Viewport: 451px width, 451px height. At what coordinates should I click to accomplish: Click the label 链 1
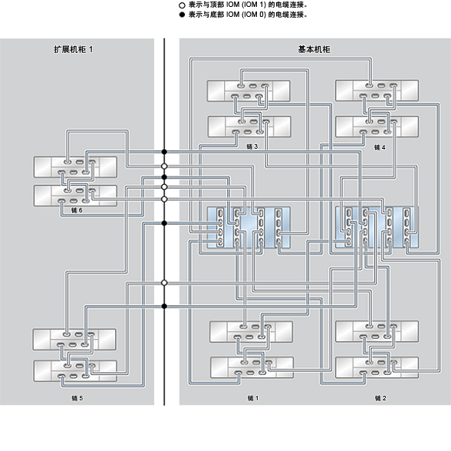click(x=253, y=398)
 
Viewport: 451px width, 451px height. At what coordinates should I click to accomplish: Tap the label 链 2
click(x=380, y=398)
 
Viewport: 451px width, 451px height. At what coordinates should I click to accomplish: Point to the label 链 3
click(x=252, y=146)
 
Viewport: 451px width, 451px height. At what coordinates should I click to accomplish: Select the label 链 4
click(x=380, y=147)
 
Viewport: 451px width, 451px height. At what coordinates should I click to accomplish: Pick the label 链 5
click(x=77, y=398)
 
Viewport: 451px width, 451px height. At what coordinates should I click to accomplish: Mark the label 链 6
click(x=77, y=210)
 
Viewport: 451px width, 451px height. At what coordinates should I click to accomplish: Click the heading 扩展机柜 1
click(x=74, y=49)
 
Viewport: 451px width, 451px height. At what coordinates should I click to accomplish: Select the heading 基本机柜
click(x=314, y=49)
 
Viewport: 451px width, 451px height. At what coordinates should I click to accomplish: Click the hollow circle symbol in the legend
click(x=182, y=5)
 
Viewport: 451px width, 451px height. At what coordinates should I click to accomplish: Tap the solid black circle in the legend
click(x=182, y=15)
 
